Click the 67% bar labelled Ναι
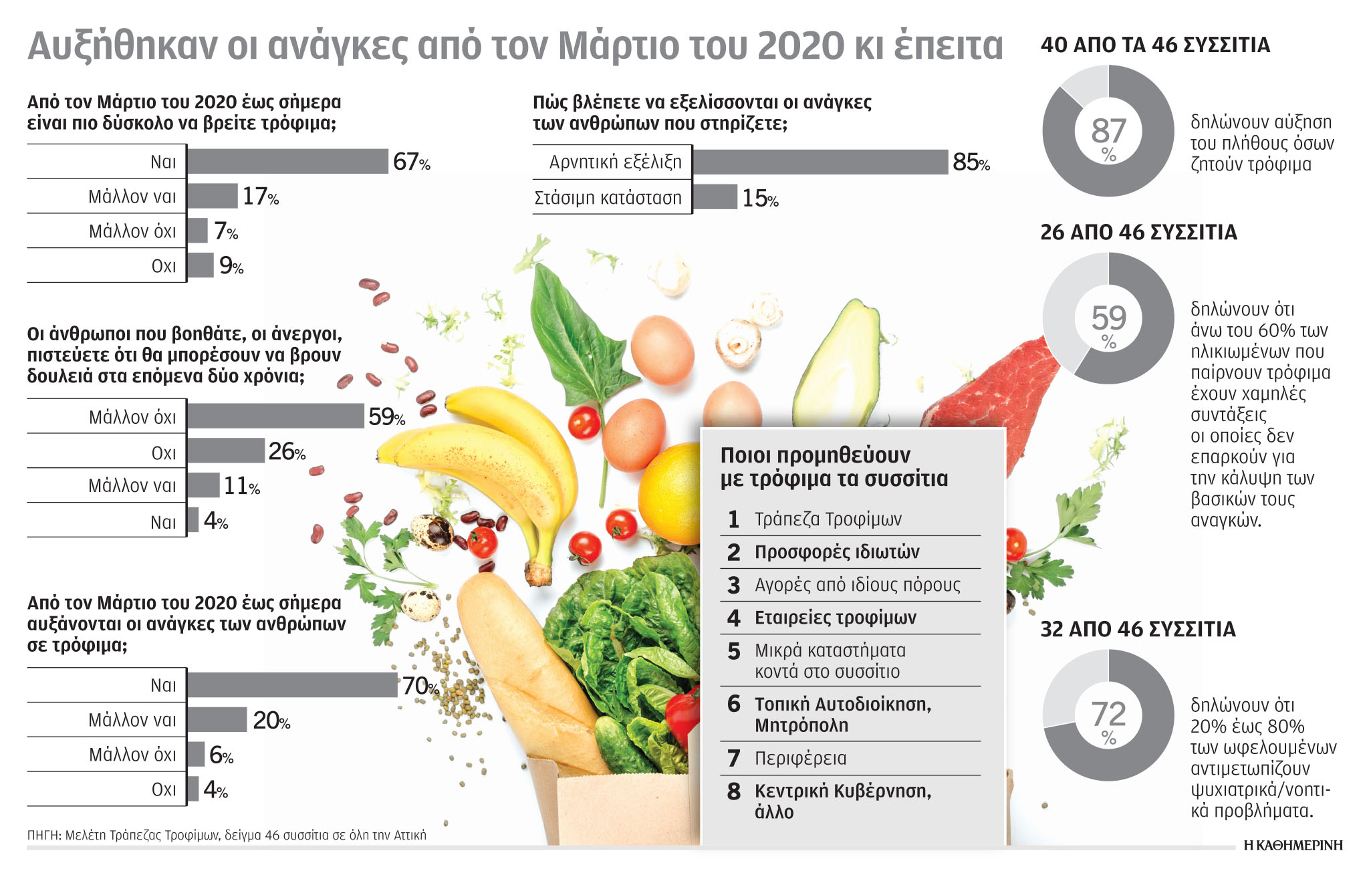(287, 162)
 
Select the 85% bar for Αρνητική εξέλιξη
(820, 162)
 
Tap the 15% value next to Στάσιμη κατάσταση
(760, 198)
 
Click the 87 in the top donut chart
(1108, 131)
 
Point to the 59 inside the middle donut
(1108, 318)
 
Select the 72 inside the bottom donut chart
(1108, 714)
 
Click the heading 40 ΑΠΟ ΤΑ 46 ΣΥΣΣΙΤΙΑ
(1155, 45)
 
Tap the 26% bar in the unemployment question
(226, 451)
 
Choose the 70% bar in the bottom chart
(292, 685)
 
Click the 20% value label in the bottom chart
(271, 721)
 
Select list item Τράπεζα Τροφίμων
(828, 519)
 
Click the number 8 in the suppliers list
(734, 791)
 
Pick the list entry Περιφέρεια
(800, 758)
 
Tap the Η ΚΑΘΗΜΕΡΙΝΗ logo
(1293, 846)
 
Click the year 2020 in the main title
(801, 45)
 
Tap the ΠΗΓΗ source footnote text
(227, 835)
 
